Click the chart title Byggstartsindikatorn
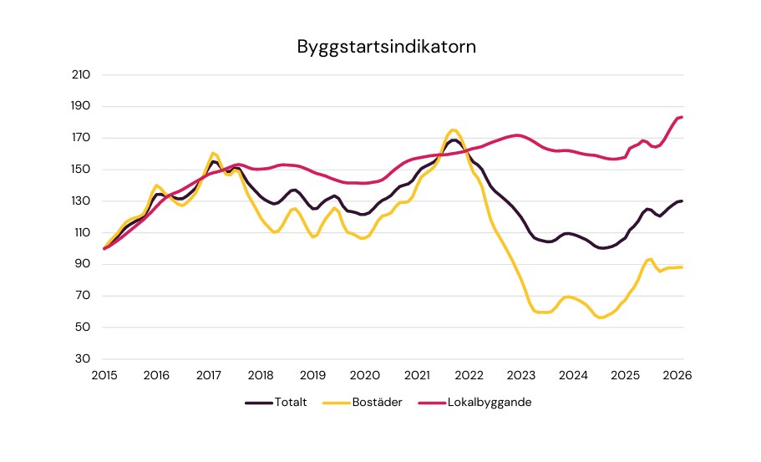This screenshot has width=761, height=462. pos(386,47)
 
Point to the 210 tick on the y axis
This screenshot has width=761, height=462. pos(82,75)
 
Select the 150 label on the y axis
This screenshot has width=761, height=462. pos(82,170)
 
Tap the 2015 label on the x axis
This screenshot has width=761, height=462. pos(104,376)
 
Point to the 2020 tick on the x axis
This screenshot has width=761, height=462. pos(365,376)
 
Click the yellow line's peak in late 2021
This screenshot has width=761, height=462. pos(453,129)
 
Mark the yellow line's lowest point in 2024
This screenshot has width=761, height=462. pos(600,317)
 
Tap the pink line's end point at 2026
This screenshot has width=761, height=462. pos(682,117)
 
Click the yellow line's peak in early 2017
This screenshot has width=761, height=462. pos(214,153)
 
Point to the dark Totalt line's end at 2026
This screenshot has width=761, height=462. pos(682,201)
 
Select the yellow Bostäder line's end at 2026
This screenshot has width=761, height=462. pos(682,267)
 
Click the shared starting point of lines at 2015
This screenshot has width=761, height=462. pos(104,248)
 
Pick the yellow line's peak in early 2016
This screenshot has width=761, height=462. pos(157,185)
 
